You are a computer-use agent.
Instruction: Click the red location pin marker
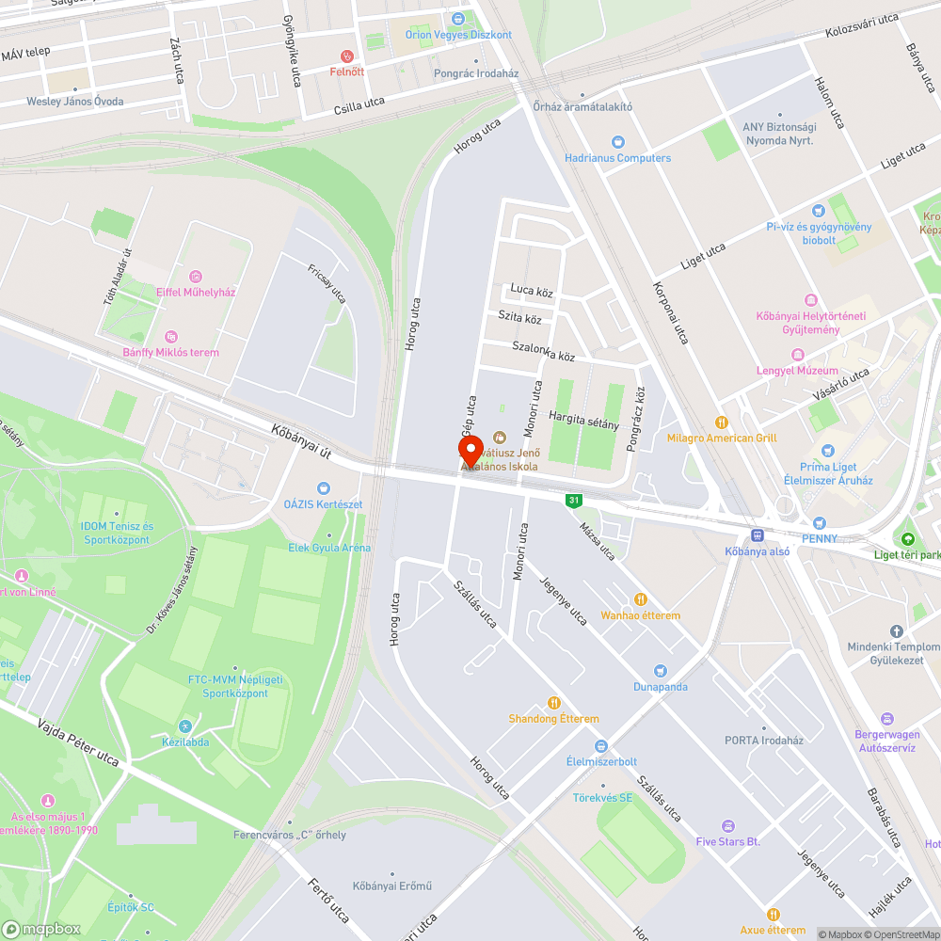point(470,449)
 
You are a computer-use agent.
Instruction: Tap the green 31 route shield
point(572,501)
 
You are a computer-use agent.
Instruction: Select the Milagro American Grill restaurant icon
point(722,423)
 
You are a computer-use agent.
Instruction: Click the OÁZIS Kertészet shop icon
point(324,487)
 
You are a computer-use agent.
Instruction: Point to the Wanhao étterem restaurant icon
point(641,599)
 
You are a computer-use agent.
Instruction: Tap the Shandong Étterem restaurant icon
point(553,703)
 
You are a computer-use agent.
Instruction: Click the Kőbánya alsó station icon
point(758,534)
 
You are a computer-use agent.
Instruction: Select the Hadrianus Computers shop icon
point(617,142)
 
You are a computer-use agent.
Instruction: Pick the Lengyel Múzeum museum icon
point(797,355)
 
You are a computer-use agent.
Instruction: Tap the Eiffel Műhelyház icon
point(196,277)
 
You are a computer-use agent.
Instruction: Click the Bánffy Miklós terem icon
point(170,337)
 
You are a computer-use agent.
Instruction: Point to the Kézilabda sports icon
point(183,726)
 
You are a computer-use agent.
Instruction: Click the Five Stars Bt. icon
point(727,825)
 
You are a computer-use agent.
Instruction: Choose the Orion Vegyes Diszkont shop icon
point(458,19)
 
